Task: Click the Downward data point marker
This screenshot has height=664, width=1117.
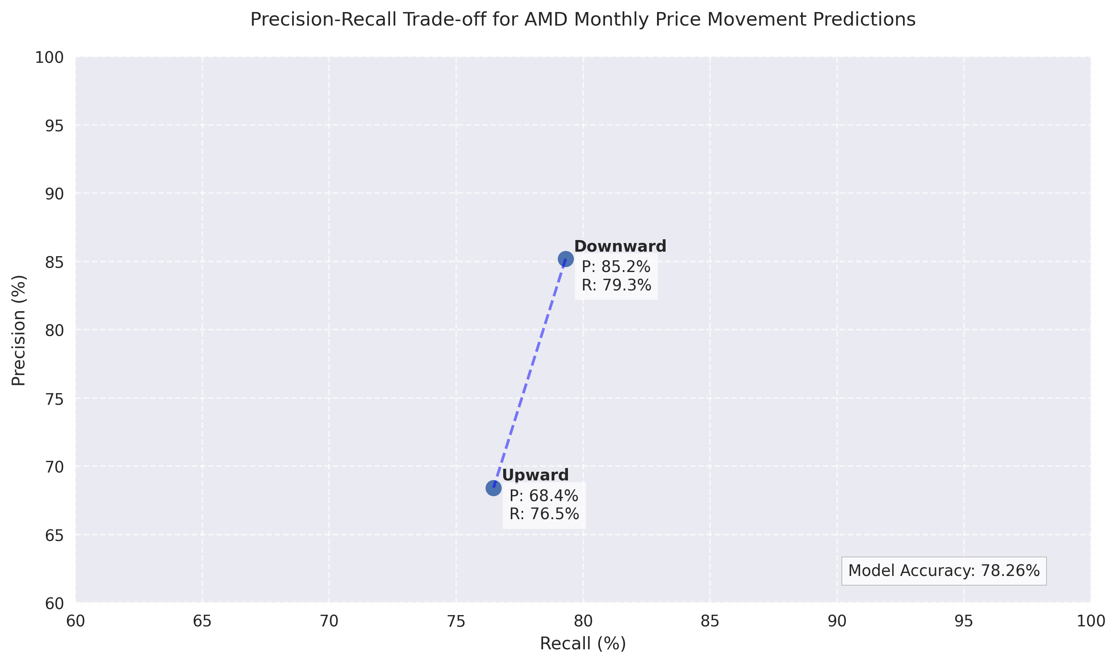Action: click(x=565, y=259)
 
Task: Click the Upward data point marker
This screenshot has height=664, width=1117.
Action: click(x=493, y=488)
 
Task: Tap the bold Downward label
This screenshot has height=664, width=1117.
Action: click(x=620, y=246)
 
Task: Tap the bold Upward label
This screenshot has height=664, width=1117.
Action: click(x=535, y=475)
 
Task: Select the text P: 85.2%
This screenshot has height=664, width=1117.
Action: click(x=616, y=267)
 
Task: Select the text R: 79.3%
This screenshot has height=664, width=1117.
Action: click(x=616, y=286)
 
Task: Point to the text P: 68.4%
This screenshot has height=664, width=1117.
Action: click(x=543, y=496)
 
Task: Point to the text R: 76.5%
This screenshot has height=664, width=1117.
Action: click(x=544, y=514)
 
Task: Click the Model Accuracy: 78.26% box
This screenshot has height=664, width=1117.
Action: click(x=944, y=571)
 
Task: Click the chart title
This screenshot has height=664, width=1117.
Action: click(x=583, y=20)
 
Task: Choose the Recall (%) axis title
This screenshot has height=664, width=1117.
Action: click(x=583, y=643)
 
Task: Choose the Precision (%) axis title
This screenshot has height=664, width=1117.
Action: click(x=19, y=330)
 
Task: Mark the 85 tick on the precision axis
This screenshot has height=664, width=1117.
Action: click(x=54, y=263)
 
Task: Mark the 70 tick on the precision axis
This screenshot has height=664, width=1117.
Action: click(x=54, y=467)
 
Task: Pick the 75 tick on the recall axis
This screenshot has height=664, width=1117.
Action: click(x=456, y=621)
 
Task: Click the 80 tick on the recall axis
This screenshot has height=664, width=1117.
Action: click(x=583, y=621)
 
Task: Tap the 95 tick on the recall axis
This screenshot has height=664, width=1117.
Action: click(x=964, y=621)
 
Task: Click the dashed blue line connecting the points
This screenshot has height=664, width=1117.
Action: click(x=530, y=374)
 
